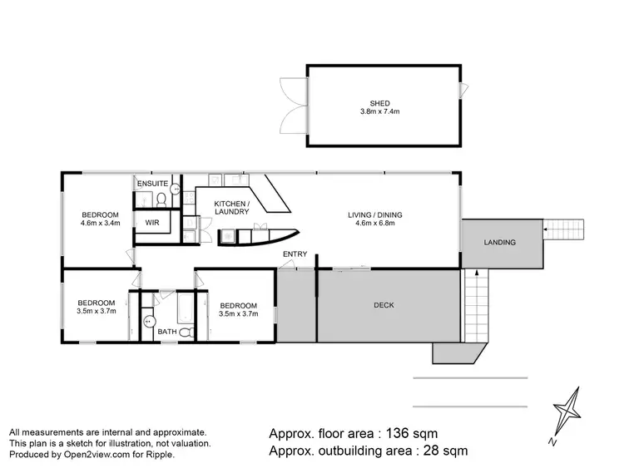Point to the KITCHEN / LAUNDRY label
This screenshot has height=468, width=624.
(x=231, y=208)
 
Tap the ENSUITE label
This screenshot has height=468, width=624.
(x=153, y=183)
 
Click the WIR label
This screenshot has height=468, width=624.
(x=152, y=223)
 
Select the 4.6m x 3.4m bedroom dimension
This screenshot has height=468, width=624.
(x=100, y=223)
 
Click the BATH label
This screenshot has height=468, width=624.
(x=167, y=333)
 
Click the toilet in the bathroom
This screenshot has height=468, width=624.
(x=187, y=333)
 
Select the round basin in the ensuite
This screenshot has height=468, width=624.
(x=175, y=190)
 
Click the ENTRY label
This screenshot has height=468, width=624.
(x=295, y=254)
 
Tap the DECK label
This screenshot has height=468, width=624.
(x=384, y=305)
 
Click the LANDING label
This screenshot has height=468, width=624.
(x=500, y=243)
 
